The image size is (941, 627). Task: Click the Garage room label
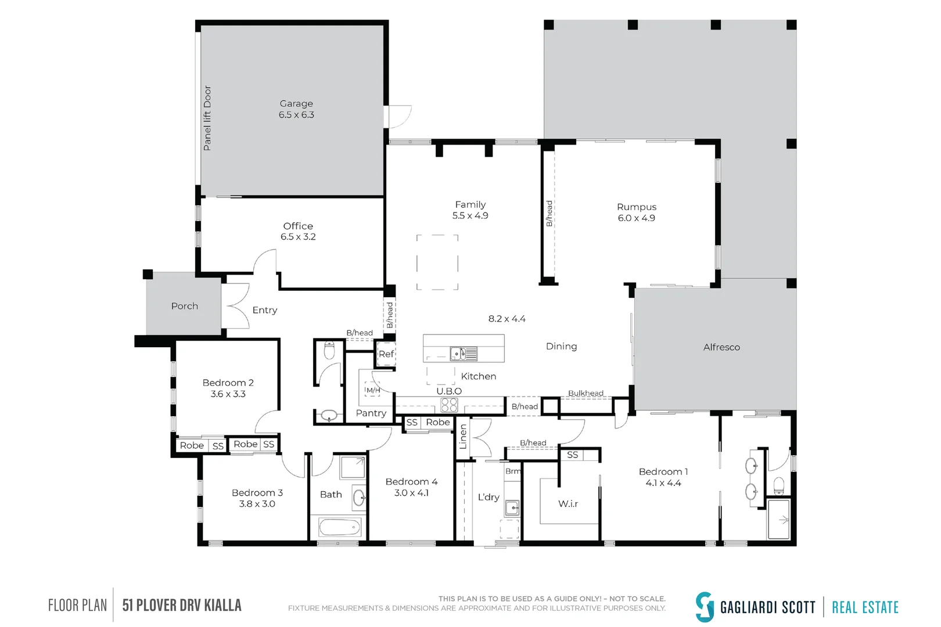(296, 103)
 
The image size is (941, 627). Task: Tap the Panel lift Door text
(207, 118)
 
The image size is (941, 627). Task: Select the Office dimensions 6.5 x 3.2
(298, 237)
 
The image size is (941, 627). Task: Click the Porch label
(185, 306)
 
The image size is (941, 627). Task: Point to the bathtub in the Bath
(340, 528)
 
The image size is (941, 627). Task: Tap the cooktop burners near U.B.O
(449, 404)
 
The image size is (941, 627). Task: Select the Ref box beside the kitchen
(386, 354)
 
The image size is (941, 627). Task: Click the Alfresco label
(721, 347)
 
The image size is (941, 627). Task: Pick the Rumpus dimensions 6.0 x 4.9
(636, 218)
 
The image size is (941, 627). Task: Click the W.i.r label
(568, 504)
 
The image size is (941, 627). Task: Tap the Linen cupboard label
(463, 437)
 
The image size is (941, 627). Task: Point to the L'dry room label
(489, 497)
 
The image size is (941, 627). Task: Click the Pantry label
(371, 413)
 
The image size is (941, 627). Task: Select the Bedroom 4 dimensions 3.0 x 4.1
(411, 493)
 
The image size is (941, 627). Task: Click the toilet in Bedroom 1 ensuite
(779, 485)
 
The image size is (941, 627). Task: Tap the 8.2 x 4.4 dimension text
(507, 319)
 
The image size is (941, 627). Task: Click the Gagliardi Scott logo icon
(705, 607)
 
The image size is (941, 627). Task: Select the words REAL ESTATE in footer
(865, 608)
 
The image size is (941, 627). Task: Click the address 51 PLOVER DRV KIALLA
(182, 606)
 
